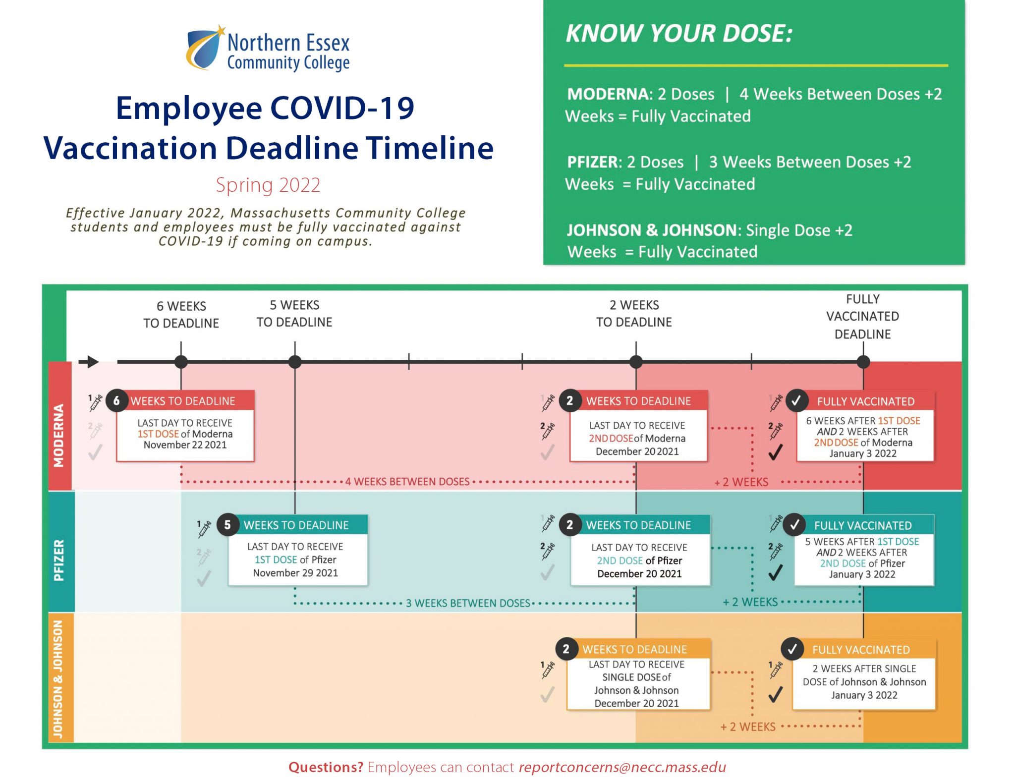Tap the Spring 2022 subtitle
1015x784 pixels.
(x=268, y=185)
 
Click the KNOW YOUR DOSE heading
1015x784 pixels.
(x=679, y=34)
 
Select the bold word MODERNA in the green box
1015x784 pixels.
(x=609, y=94)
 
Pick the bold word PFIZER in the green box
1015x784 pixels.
(x=594, y=162)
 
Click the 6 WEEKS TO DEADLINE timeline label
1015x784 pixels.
(x=181, y=314)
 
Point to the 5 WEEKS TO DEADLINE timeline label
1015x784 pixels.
(x=294, y=313)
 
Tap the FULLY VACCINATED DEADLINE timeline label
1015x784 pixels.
(x=863, y=316)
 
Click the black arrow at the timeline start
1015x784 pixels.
(x=89, y=362)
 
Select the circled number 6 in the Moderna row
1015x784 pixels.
(x=116, y=400)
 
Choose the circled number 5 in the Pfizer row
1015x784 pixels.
(x=227, y=525)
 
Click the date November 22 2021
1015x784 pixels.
(x=185, y=445)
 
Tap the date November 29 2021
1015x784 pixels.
(x=295, y=573)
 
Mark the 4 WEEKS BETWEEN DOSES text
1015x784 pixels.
(x=407, y=482)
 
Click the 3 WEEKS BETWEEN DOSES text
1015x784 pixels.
(x=468, y=603)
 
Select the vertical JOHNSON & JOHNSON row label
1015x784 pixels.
(x=58, y=679)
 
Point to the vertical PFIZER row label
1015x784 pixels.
(x=59, y=560)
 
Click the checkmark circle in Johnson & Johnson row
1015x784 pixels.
(x=792, y=649)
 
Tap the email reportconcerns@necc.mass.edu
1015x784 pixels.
(x=622, y=767)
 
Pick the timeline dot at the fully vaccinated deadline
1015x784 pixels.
(x=863, y=362)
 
